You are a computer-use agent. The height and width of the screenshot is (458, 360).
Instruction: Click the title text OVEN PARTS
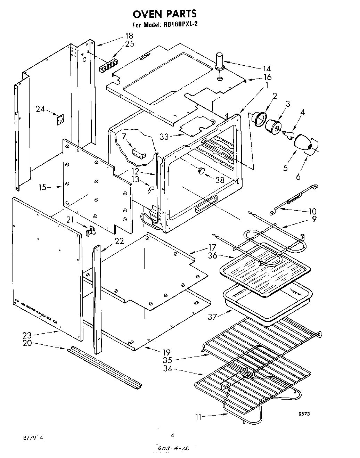pos(165,14)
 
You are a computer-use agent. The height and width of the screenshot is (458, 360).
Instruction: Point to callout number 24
pos(40,109)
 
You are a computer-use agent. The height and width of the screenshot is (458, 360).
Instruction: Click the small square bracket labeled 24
pos(60,119)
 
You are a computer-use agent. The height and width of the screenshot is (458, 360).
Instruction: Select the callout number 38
pos(220,180)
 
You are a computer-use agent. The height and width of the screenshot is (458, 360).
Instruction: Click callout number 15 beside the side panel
pos(42,187)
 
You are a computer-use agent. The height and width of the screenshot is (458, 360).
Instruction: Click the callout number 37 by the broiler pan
pos(213,317)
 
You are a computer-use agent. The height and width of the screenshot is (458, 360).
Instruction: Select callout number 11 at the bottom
pos(198,416)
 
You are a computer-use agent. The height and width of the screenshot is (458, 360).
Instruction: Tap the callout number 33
pos(164,137)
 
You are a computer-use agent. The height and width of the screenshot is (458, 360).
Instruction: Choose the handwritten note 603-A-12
pos(173,449)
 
